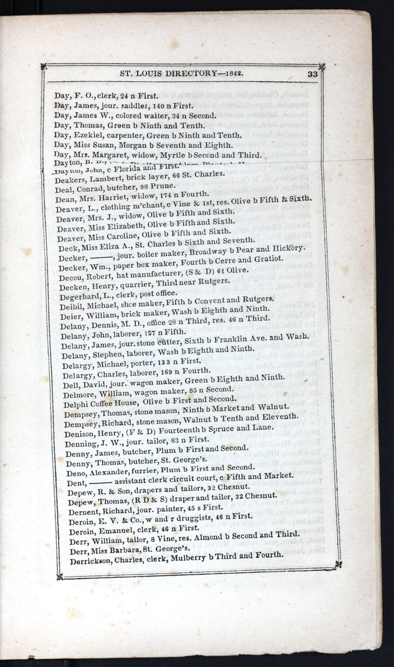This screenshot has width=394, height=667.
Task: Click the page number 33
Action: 312,74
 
